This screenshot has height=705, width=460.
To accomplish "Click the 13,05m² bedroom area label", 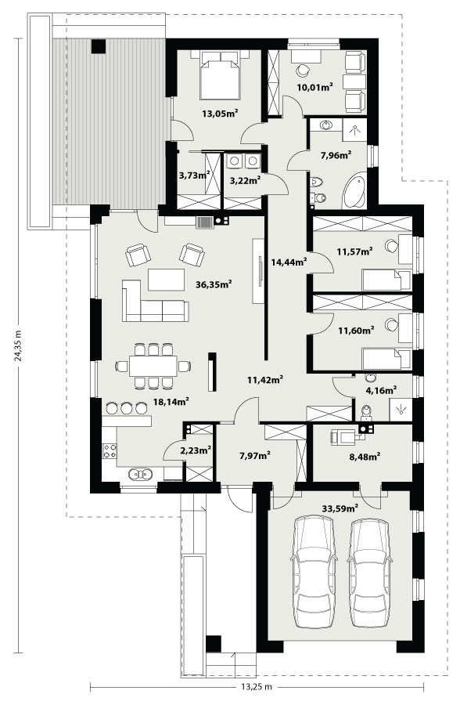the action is click(x=220, y=114).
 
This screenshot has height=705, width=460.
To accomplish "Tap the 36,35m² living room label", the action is click(x=214, y=284).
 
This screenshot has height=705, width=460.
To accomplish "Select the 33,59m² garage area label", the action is click(x=340, y=508).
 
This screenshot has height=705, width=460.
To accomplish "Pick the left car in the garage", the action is click(x=314, y=572).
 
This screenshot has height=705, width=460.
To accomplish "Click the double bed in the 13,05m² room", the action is click(x=220, y=74).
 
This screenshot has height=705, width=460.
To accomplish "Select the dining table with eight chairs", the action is click(x=153, y=366).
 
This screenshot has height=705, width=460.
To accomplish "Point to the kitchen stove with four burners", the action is click(x=110, y=451).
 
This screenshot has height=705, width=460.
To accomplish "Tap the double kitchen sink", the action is click(x=140, y=473).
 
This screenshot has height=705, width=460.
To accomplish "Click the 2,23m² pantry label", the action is click(x=196, y=450).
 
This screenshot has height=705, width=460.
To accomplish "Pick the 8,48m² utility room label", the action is click(x=365, y=457).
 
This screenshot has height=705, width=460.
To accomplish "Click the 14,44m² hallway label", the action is click(x=289, y=262).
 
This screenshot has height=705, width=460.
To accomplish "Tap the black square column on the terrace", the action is click(x=99, y=46).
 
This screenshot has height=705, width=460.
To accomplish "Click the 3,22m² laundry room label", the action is click(x=246, y=181).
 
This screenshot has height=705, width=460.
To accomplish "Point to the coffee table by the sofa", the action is click(x=166, y=280).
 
